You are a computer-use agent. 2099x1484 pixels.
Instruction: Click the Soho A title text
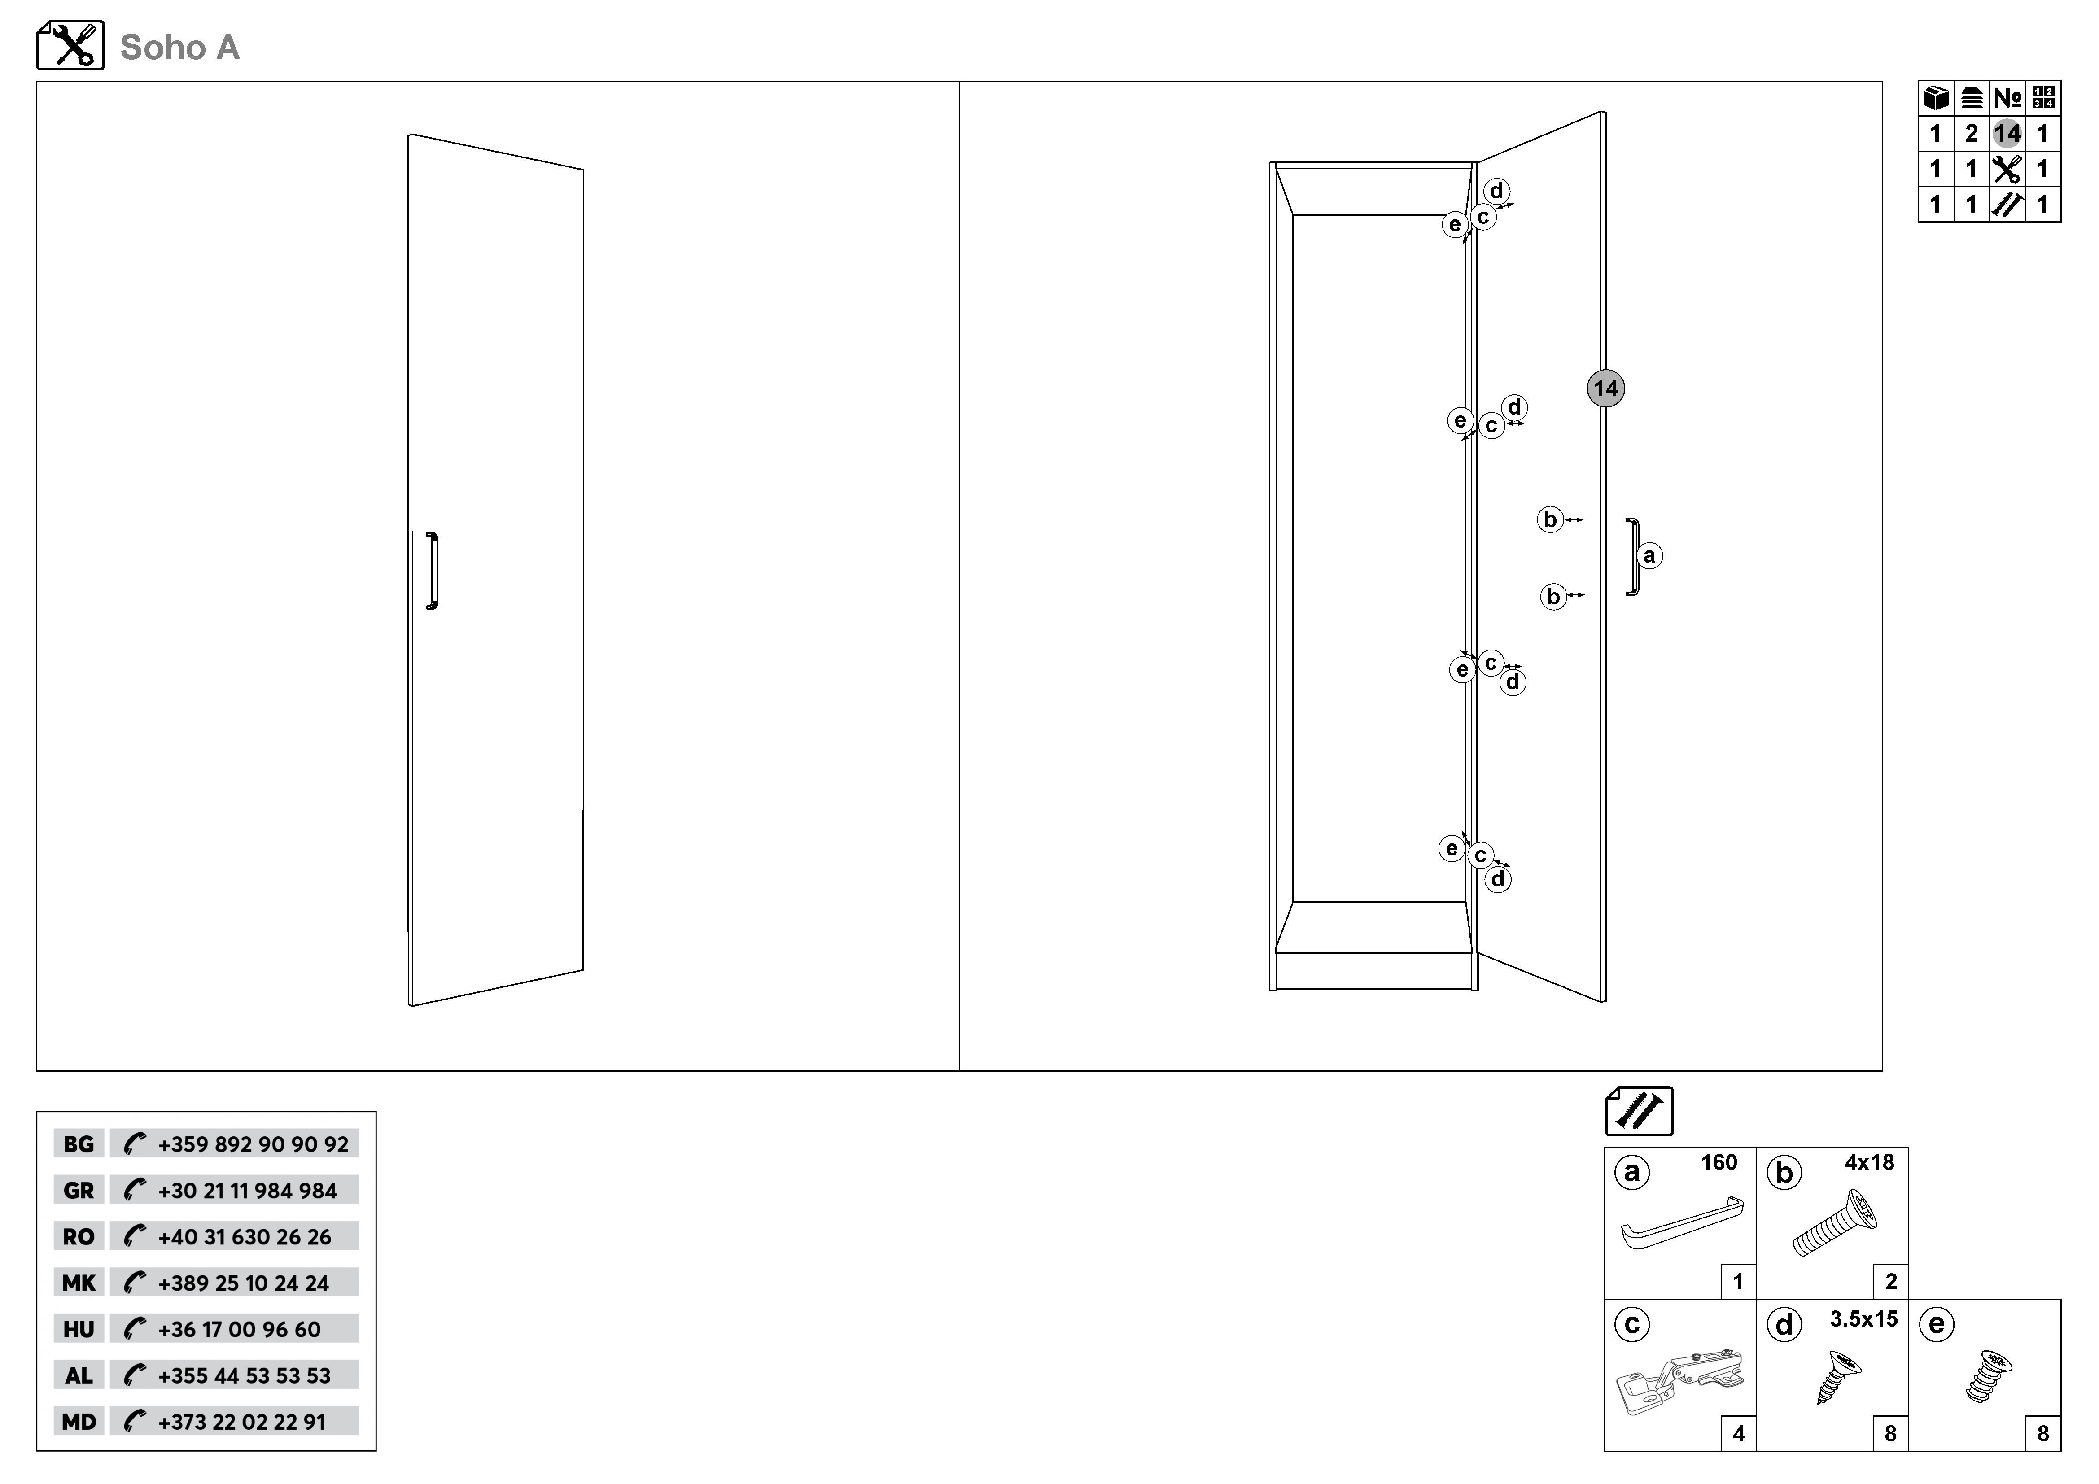coord(180,48)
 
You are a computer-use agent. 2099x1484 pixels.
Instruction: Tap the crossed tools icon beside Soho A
coord(70,46)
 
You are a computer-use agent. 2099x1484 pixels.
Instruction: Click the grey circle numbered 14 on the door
coord(1605,388)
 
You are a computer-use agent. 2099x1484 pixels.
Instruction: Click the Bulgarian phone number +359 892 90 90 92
coord(253,1144)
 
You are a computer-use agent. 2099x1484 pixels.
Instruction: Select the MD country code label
coord(79,1422)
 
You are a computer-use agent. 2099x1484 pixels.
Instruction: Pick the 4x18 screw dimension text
coord(1870,1162)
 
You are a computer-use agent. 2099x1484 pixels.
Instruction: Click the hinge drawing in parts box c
coord(1680,1383)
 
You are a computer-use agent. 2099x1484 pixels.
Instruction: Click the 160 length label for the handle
coord(1719,1162)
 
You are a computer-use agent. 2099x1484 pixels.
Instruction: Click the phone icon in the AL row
coord(135,1375)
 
